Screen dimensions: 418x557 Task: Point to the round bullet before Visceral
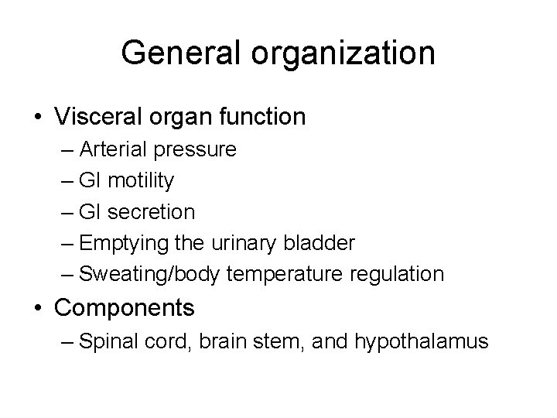[39, 118]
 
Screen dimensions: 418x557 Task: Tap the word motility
[142, 181]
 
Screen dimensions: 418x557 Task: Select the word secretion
[152, 211]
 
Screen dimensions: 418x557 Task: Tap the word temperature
[277, 275]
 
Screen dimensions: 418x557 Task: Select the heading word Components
[125, 309]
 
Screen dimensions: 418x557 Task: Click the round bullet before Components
[39, 308]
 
